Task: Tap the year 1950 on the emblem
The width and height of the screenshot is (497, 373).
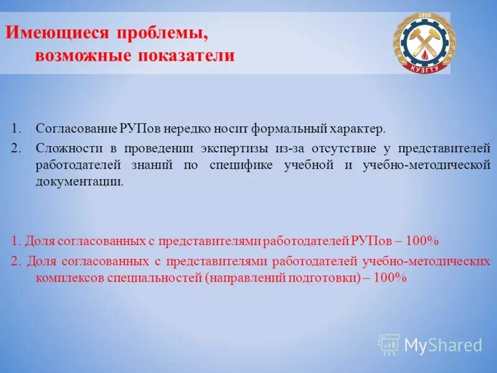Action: click(424, 15)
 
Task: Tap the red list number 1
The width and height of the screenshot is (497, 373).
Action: click(15, 241)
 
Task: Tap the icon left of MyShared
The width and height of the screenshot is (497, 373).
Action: click(389, 344)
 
